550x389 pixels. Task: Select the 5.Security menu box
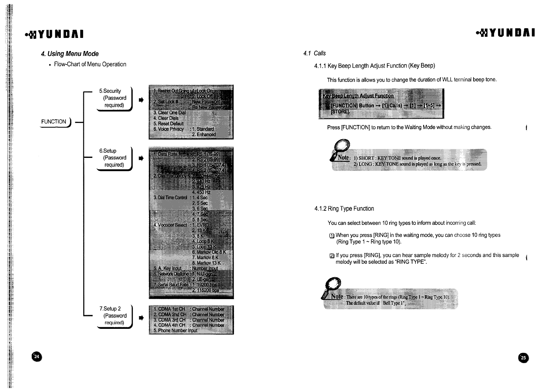(x=114, y=98)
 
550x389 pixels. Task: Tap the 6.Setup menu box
(x=114, y=158)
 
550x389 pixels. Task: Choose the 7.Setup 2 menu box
(x=114, y=316)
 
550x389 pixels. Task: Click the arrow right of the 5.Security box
(x=141, y=100)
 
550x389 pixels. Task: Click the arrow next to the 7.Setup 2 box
(x=141, y=318)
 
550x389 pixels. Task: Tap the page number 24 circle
(x=37, y=357)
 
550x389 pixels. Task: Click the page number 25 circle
(x=523, y=358)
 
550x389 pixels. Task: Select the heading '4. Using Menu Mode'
(x=70, y=54)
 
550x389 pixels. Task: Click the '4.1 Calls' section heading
(x=314, y=53)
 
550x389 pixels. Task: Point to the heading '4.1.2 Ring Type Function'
(x=344, y=209)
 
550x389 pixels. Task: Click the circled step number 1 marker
(x=332, y=235)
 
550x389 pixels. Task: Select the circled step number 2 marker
(x=332, y=256)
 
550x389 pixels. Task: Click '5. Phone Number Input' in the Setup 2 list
(x=175, y=330)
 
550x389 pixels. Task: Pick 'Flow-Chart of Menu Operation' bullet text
(x=90, y=64)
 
